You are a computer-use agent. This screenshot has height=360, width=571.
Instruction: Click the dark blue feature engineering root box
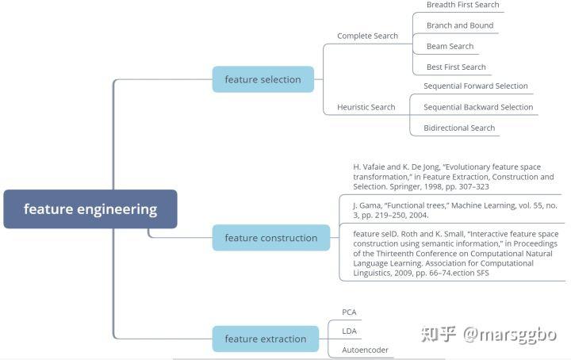(90, 209)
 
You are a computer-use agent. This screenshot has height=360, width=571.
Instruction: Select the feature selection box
(263, 79)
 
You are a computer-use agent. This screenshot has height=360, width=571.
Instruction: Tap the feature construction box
(271, 238)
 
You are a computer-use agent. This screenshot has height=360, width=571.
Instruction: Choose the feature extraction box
(266, 339)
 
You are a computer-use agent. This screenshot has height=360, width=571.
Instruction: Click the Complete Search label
(367, 36)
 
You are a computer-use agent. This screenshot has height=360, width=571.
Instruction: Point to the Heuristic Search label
(366, 107)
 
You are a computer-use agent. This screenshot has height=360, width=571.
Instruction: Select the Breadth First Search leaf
(463, 5)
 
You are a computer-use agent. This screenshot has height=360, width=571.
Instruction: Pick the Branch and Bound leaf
(460, 25)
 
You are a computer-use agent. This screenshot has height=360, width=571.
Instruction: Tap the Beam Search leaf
(450, 46)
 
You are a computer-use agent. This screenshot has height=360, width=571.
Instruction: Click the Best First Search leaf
(456, 67)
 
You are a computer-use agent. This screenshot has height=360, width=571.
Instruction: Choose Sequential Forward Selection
(476, 86)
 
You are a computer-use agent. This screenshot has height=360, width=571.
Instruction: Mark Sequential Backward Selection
(478, 107)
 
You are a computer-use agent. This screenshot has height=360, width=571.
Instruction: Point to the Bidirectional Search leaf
(459, 128)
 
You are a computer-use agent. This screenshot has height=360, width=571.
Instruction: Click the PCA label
(349, 312)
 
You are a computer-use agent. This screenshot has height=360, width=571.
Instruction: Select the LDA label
(349, 331)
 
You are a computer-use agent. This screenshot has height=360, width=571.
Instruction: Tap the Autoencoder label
(365, 350)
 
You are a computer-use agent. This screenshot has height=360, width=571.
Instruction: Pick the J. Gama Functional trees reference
(455, 210)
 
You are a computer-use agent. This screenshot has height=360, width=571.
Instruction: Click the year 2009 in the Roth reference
(403, 273)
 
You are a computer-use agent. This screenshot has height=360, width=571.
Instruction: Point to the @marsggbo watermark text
(510, 335)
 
